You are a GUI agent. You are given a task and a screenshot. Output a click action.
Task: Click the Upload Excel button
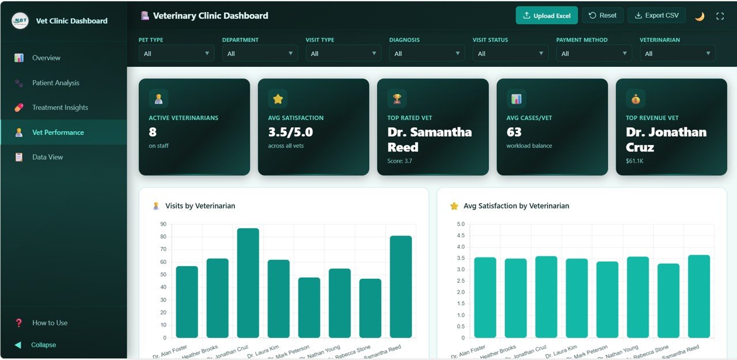546,16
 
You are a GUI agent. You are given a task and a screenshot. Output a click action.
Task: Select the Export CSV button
656,16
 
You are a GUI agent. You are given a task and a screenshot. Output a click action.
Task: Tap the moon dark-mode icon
700,16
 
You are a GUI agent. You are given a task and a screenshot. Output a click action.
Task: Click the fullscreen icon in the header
720,16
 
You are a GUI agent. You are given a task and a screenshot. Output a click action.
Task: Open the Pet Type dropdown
176,54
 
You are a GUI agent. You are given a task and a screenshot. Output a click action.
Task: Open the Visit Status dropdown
510,54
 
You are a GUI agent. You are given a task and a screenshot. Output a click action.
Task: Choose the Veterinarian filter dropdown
677,54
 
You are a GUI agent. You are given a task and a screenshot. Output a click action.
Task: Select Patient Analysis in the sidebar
56,83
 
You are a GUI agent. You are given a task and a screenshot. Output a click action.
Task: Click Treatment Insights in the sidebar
60,108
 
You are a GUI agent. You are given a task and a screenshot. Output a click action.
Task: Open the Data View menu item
47,157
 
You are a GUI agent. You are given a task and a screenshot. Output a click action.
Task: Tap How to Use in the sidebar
50,323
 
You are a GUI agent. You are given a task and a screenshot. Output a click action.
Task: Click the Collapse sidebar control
43,345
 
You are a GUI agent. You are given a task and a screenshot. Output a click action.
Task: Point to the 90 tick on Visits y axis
164,224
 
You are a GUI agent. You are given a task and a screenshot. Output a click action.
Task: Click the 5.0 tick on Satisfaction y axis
460,224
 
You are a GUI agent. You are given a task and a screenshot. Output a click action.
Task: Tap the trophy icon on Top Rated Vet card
397,98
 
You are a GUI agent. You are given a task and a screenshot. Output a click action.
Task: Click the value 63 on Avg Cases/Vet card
514,132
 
